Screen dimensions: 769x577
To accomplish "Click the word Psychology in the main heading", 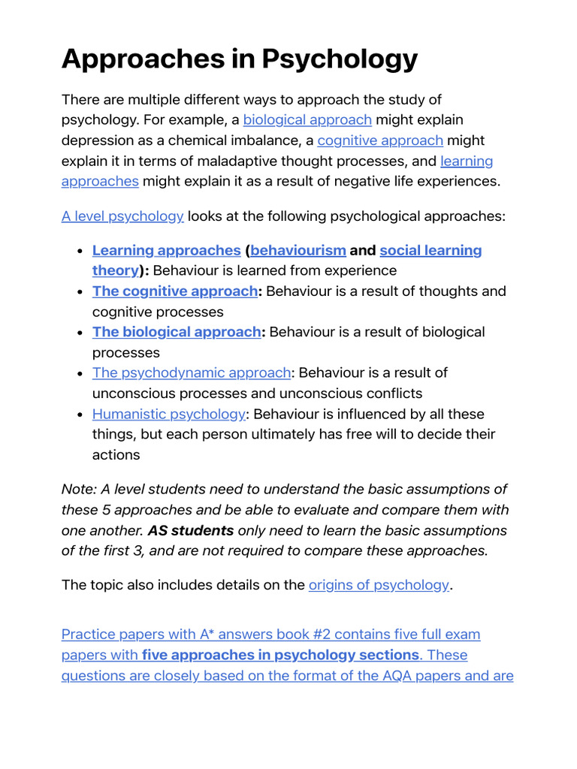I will click(x=338, y=59).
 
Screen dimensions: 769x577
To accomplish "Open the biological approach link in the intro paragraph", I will click(x=307, y=120).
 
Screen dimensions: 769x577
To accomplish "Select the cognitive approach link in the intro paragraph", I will click(x=380, y=140).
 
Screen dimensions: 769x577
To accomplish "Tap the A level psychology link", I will click(x=122, y=216).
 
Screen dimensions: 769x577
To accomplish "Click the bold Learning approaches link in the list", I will click(x=166, y=250).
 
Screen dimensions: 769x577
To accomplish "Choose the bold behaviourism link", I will click(x=298, y=250).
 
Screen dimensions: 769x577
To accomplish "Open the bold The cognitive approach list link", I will click(x=174, y=291).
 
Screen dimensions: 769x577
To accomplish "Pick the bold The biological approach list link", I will click(x=177, y=332).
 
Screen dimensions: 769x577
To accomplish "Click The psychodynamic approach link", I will click(x=192, y=372).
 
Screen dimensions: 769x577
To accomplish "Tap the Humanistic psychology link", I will click(x=169, y=414).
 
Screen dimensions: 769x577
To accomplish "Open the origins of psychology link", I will click(x=379, y=585).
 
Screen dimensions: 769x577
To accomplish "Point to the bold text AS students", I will click(x=191, y=530).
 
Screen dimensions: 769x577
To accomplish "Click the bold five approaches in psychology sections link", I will click(x=280, y=655).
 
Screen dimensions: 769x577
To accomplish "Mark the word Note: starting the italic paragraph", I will click(x=80, y=490).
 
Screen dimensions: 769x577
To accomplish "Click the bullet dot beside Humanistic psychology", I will click(x=80, y=414).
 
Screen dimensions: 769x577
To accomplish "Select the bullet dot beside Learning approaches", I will click(x=80, y=250).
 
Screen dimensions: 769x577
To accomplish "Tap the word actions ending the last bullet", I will click(x=116, y=454).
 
